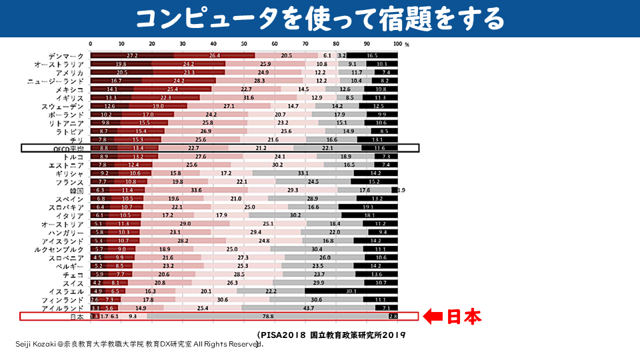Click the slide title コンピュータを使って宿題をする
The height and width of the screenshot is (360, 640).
(320, 20)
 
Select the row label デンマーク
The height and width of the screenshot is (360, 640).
(66, 55)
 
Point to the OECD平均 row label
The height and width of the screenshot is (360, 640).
(67, 148)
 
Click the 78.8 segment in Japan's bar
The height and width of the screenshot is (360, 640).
(268, 317)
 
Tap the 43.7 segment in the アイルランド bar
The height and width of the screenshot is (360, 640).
(308, 309)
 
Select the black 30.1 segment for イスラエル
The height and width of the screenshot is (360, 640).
(351, 291)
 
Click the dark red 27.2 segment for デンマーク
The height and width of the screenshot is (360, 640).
(132, 55)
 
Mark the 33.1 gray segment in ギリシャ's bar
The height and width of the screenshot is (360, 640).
(303, 173)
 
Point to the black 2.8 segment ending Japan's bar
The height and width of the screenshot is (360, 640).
(393, 317)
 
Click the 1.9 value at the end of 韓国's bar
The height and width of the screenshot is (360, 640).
(401, 190)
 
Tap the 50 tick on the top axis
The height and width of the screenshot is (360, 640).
(244, 45)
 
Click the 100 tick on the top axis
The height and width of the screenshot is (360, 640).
(397, 45)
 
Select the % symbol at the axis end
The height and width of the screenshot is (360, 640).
(406, 45)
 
